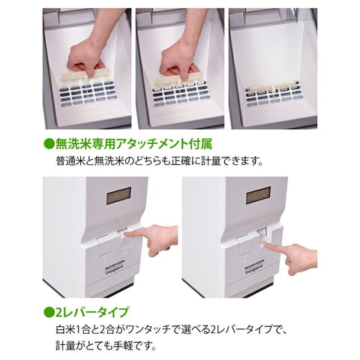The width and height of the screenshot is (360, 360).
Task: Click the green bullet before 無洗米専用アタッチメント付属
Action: pyautogui.click(x=49, y=144)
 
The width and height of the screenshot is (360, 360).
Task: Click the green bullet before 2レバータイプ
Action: pyautogui.click(x=49, y=312)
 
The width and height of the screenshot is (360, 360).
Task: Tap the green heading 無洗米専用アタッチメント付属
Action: pyautogui.click(x=133, y=144)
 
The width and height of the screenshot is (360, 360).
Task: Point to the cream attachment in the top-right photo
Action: pyautogui.click(x=271, y=87)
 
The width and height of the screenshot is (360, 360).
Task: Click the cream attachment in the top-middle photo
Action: pyautogui.click(x=179, y=79)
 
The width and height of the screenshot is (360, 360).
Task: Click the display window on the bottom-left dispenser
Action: pyautogui.click(x=118, y=196)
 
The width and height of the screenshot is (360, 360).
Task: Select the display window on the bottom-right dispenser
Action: pyautogui.click(x=258, y=195)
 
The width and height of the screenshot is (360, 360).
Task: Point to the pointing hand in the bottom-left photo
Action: pyautogui.click(x=152, y=238)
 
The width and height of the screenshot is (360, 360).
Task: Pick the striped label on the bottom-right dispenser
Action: pyautogui.click(x=254, y=267)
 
